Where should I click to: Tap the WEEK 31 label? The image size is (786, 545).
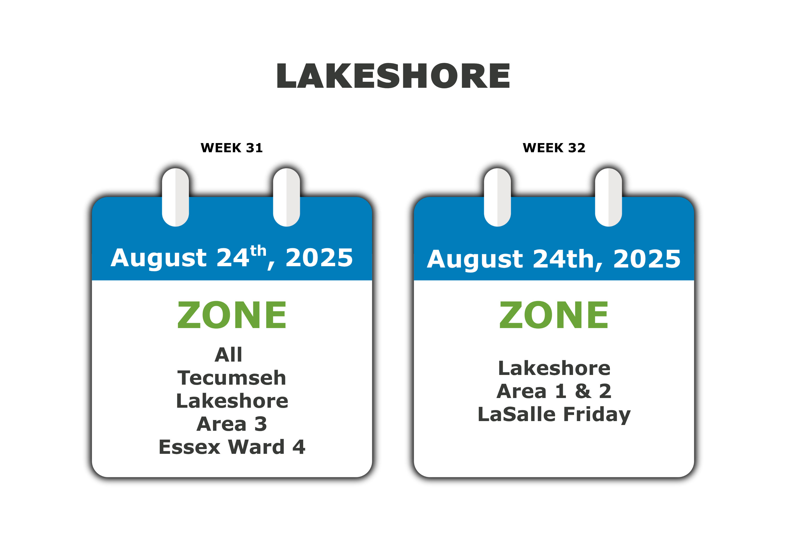click(232, 148)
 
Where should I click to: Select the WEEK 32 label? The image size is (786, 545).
click(554, 148)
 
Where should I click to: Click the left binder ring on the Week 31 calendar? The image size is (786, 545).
click(176, 197)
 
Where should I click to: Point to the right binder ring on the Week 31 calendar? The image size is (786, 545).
click(286, 197)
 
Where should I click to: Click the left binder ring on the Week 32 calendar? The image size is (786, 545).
click(498, 197)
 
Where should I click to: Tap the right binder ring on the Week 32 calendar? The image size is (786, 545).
click(608, 197)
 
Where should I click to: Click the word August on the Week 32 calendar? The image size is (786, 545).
click(474, 260)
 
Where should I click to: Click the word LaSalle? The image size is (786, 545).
click(517, 414)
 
